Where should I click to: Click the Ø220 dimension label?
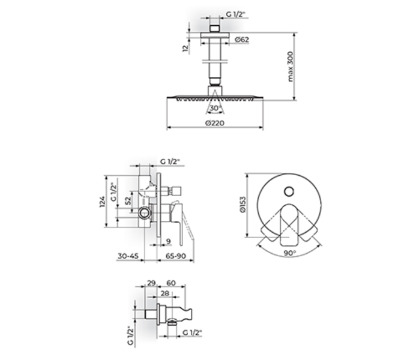pyautogui.click(x=215, y=123)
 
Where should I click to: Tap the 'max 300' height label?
pyautogui.click(x=291, y=67)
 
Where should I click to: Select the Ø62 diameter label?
pyautogui.click(x=242, y=40)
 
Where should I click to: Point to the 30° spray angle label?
pyautogui.click(x=216, y=108)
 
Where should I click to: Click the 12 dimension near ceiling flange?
pyautogui.click(x=185, y=49)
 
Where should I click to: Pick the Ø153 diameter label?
pyautogui.click(x=243, y=205)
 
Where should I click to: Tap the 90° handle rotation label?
pyautogui.click(x=290, y=253)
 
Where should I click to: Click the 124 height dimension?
pyautogui.click(x=102, y=202)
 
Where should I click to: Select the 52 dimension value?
pyautogui.click(x=128, y=201)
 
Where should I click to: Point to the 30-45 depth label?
pyautogui.click(x=128, y=256)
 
